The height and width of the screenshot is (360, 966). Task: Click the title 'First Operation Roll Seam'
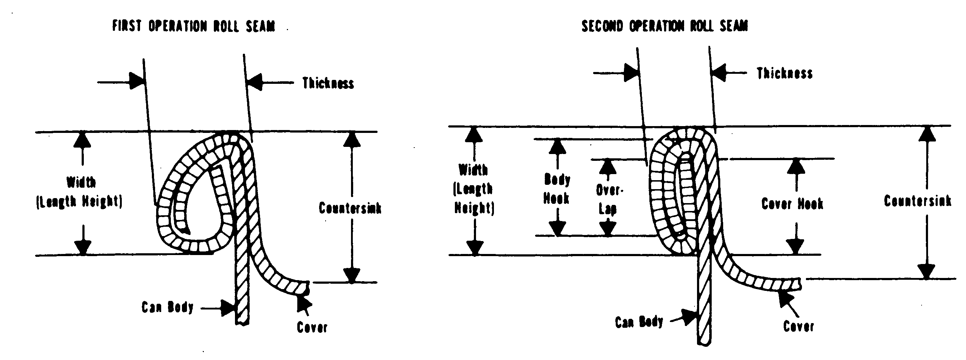point(193,26)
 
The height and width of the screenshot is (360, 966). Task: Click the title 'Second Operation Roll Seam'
point(664,26)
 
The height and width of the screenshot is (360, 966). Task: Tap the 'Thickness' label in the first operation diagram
point(328,83)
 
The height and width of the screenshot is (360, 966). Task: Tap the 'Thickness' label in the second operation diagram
point(784,73)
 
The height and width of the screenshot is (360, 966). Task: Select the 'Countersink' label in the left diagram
point(350,208)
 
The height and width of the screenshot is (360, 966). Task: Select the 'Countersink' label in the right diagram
point(917,201)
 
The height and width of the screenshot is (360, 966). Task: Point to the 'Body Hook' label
point(557,189)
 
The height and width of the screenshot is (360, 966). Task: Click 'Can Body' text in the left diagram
point(167,307)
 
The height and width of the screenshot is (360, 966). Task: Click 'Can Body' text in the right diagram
point(639,322)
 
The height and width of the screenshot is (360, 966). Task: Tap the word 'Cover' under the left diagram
point(312,327)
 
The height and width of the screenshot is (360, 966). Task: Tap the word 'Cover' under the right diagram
point(798,326)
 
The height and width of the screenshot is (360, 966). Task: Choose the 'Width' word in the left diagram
point(81,182)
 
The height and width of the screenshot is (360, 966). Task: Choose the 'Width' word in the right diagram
point(473,170)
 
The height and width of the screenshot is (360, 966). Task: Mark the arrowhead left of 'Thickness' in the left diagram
point(255,82)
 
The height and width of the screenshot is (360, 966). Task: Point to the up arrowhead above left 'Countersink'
point(352,140)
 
